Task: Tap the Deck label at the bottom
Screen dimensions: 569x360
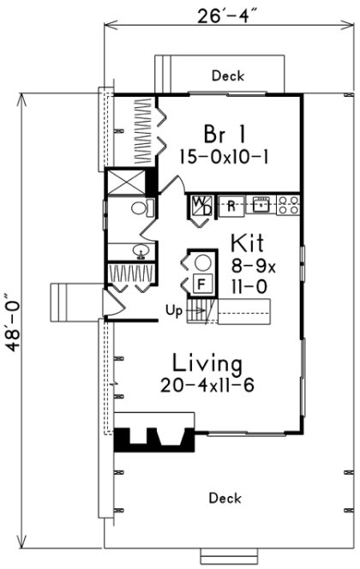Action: (225, 498)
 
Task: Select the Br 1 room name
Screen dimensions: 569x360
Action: (225, 134)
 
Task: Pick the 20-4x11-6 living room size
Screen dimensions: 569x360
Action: (207, 386)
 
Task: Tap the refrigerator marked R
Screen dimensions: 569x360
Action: (231, 205)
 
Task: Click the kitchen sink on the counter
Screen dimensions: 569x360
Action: (261, 205)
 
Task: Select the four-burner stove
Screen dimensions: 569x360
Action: (288, 205)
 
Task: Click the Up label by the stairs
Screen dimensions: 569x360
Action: (172, 312)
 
